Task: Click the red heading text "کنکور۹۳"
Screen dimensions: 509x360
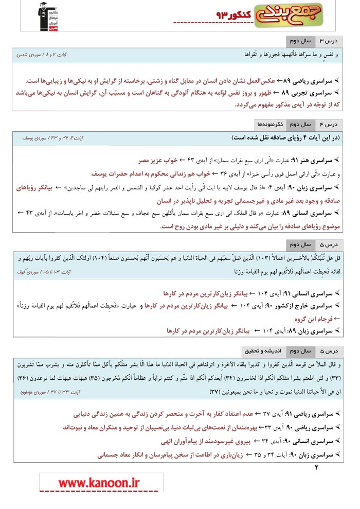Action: [234, 16]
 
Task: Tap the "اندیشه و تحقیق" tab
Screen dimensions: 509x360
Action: [262, 352]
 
